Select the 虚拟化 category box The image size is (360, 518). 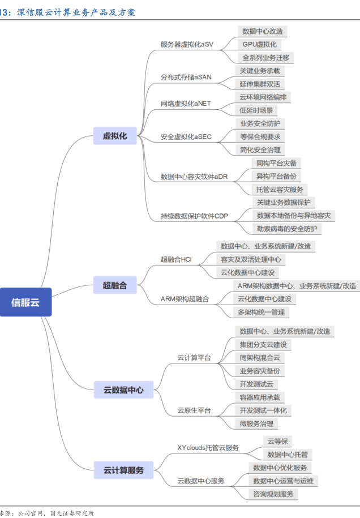(115, 136)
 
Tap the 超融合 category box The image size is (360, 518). (115, 285)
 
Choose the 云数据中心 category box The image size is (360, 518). (123, 389)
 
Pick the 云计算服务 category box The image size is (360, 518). (123, 470)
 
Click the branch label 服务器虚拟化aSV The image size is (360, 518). (187, 44)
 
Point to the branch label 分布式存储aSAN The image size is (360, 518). (186, 77)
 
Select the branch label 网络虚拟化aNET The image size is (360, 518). (186, 104)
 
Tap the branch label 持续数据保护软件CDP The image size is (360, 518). (194, 216)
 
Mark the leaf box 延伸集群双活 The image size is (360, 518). (260, 84)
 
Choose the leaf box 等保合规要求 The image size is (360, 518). (260, 136)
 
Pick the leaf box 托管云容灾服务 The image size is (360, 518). (279, 189)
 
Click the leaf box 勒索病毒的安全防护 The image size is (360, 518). (287, 229)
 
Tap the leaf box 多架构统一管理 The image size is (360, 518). (261, 312)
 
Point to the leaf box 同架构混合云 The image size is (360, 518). (260, 358)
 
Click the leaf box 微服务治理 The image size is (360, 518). (256, 423)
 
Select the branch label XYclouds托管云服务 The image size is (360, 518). (208, 447)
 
